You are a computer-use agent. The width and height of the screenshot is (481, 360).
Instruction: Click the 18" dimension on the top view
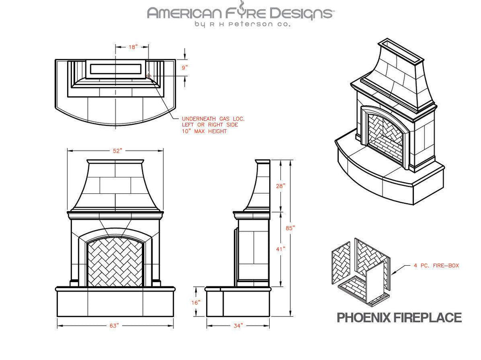133,47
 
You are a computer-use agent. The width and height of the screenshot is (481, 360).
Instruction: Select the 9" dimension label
186,68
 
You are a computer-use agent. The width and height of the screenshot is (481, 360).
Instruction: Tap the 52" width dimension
117,151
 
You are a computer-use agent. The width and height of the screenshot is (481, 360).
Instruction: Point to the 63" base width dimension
114,325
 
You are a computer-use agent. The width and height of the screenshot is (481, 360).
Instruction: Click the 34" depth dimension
238,325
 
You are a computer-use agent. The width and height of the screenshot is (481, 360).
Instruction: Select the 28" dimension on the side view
280,186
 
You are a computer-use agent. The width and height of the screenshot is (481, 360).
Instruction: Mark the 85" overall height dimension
291,228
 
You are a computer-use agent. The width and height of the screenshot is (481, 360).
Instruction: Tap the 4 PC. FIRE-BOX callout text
436,266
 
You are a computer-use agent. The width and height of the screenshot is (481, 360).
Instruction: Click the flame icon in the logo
242,6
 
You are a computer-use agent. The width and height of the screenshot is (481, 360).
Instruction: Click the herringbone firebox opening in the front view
115,262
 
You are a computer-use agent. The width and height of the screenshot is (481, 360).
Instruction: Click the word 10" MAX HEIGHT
204,131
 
